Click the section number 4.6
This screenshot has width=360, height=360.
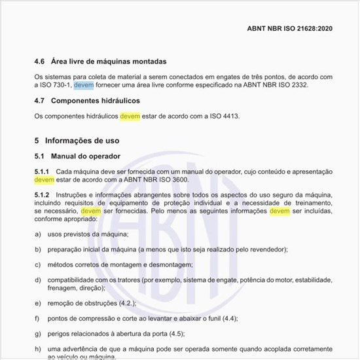click(40, 62)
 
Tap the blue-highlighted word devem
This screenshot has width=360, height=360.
click(84, 85)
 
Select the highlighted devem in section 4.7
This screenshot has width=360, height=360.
click(130, 117)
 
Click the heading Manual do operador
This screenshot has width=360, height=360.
click(88, 156)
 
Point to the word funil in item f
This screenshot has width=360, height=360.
click(211, 318)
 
